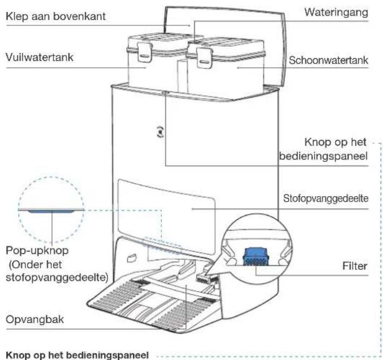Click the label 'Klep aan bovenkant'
pos(56,16)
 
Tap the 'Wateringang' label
pos(336,12)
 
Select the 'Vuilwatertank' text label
pos(39,57)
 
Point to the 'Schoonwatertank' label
pos(329,60)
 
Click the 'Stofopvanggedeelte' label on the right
pos(326,198)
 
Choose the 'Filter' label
pos(354,266)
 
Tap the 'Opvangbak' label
pos(35,320)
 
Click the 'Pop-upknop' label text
pos(37,251)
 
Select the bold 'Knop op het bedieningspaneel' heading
pos(77,355)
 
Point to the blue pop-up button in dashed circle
pos(51,211)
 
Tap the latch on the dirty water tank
pos(145,52)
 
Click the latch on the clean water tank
pos(204,58)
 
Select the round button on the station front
pos(160,132)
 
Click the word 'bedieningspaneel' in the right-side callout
pos(323,156)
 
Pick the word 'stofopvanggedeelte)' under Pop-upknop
pos(57,278)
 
